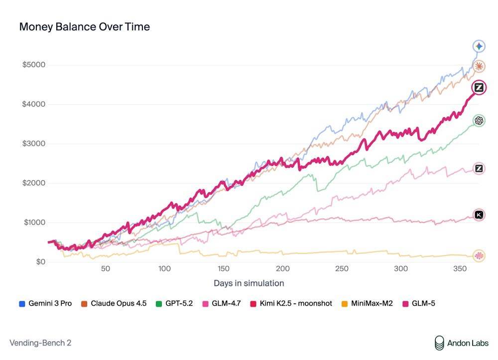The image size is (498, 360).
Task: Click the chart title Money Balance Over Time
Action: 84,27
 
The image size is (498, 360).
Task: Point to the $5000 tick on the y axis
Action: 34,65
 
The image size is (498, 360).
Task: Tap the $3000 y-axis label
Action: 34,143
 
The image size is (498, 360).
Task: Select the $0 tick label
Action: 39,262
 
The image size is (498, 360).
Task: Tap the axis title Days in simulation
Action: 249,283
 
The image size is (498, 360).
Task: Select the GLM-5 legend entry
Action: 421,303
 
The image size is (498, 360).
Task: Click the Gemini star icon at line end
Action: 479,46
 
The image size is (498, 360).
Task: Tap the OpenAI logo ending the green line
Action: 479,120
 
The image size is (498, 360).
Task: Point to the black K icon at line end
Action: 479,215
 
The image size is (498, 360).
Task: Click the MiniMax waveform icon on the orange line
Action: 479,256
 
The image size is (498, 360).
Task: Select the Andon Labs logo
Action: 461,343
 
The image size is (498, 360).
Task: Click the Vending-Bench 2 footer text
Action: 40,343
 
